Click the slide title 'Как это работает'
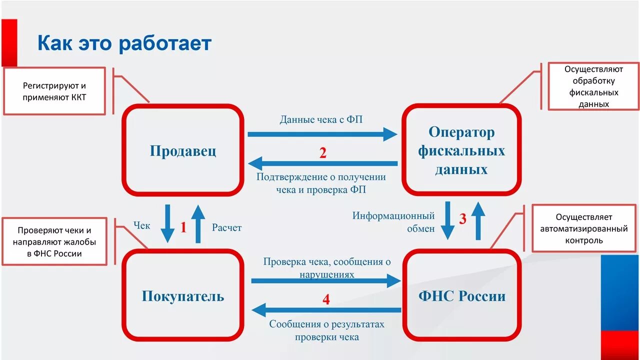[x=124, y=43]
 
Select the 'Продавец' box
[x=183, y=150]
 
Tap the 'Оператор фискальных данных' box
[x=461, y=150]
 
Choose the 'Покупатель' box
[x=183, y=295]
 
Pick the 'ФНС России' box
[x=461, y=295]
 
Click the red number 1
[x=183, y=228]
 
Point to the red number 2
[x=323, y=153]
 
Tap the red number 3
[x=462, y=218]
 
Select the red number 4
[x=326, y=299]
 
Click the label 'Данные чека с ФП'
[x=321, y=120]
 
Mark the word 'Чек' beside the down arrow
[x=141, y=226]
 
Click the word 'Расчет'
[x=226, y=228]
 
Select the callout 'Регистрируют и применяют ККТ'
[x=54, y=92]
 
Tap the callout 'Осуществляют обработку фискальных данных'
[x=593, y=86]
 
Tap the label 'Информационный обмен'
[x=393, y=222]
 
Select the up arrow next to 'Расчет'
[x=198, y=223]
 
